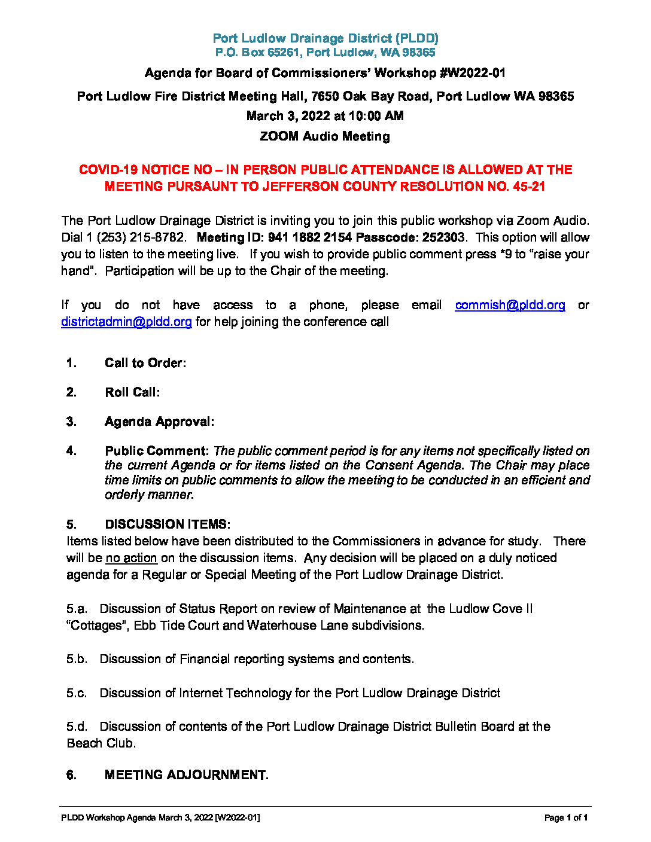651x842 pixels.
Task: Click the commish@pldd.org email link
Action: coord(510,305)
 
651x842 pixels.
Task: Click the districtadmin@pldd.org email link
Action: coord(126,322)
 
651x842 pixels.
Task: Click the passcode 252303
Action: coord(443,237)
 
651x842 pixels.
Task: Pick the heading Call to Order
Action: coord(145,363)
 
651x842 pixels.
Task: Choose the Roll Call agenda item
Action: coord(132,392)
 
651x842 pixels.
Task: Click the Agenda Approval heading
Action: coord(159,422)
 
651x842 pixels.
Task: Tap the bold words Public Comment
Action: coord(156,451)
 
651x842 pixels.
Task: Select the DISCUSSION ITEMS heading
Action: coord(167,524)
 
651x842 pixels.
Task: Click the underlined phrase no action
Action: coord(131,558)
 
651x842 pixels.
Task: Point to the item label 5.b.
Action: coord(77,659)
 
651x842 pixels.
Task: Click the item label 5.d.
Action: coord(77,727)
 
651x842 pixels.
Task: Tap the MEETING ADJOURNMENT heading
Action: coord(185,775)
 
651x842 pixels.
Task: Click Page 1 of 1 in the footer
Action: coord(565,817)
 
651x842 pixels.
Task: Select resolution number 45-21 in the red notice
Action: coord(529,187)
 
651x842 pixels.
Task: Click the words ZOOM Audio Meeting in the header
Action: coord(325,136)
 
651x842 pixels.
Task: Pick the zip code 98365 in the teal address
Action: coord(419,53)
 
